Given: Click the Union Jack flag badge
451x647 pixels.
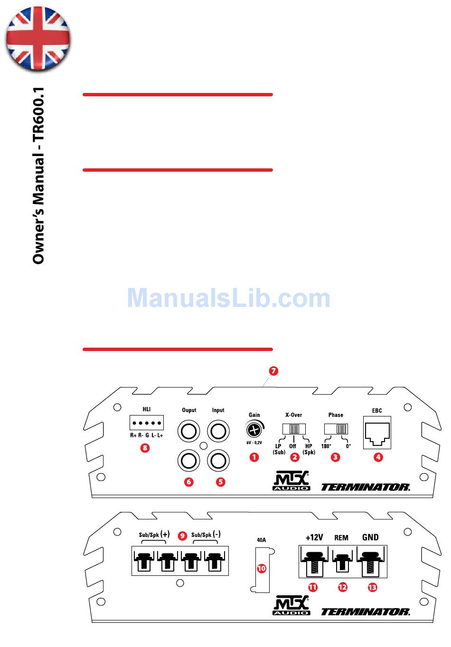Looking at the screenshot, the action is click(38, 39).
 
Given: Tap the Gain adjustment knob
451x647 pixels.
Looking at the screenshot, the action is click(254, 430).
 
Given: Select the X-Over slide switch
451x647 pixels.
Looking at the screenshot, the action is click(294, 429).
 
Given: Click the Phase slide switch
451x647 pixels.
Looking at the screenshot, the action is click(336, 429).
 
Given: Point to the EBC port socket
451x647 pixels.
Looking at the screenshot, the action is click(377, 432).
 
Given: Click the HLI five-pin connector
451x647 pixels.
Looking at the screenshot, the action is click(147, 422).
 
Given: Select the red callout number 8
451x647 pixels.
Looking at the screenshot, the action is click(145, 447).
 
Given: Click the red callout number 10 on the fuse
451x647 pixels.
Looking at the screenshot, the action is click(261, 568).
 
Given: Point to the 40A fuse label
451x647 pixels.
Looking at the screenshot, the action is click(261, 540).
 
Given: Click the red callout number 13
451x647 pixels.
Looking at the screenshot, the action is click(372, 587).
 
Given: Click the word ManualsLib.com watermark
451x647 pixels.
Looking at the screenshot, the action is click(228, 298).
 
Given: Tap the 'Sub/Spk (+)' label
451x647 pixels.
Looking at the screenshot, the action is click(154, 535).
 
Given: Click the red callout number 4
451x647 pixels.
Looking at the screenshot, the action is click(378, 457).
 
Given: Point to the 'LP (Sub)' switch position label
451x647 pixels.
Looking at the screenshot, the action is click(279, 449).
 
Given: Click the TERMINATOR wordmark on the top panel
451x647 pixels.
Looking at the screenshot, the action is click(366, 487).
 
